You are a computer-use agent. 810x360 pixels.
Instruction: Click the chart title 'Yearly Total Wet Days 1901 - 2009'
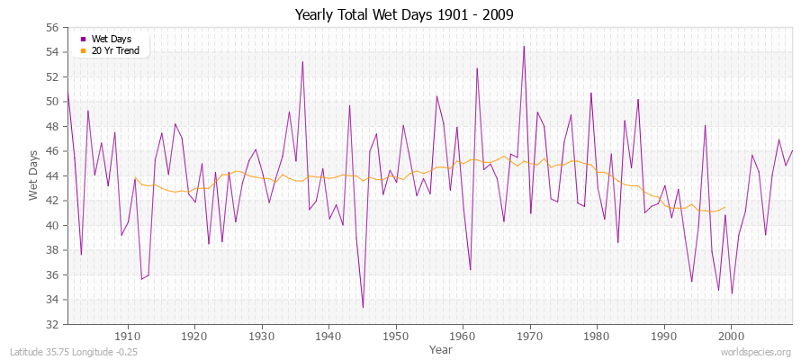pos(405,15)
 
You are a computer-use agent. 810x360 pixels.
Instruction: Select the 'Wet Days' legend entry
pos(111,39)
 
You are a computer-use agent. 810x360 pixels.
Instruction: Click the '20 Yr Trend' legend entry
pos(114,49)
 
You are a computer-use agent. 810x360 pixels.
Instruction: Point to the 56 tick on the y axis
pos(51,28)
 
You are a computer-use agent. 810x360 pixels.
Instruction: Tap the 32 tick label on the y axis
pos(51,324)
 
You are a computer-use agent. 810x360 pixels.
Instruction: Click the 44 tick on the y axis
pos(51,176)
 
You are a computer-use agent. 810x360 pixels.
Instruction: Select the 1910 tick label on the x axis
pos(128,335)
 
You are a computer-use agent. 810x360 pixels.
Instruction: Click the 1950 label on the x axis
pos(396,335)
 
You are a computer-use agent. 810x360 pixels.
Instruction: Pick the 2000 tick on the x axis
pos(732,335)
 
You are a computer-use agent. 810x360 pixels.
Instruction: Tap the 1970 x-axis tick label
pos(530,335)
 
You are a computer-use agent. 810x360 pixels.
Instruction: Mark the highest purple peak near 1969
pos(524,46)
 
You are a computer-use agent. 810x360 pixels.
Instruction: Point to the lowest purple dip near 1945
pos(363,308)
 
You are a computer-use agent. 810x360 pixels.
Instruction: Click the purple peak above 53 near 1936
pos(302,61)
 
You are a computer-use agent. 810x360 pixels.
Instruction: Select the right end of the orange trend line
pos(725,207)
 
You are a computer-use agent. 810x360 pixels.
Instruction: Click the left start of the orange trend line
pos(135,178)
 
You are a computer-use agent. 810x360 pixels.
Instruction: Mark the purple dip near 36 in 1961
pos(470,269)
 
